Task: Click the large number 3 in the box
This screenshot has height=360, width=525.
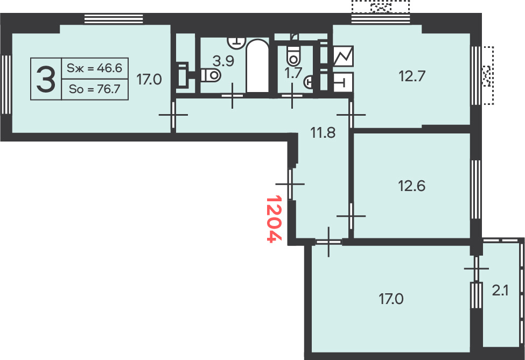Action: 46,79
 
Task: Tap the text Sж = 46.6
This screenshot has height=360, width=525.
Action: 94,68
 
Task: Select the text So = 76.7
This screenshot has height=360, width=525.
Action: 94,89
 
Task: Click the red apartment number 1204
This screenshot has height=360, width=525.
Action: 274,219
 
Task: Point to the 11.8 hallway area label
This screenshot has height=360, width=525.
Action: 323,133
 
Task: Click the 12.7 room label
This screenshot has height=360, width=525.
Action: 412,76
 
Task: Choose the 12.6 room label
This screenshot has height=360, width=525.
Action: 411,186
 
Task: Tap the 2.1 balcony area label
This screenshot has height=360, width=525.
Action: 500,291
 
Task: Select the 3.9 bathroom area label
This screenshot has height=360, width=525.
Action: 223,61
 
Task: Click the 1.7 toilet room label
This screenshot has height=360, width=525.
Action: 293,73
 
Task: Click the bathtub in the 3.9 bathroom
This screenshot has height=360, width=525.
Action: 257,66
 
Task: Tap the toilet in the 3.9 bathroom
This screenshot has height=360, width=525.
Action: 211,75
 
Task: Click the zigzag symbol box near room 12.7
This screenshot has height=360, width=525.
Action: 344,56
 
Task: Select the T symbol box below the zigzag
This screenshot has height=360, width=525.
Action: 343,82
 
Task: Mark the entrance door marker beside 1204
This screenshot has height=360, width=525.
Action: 290,184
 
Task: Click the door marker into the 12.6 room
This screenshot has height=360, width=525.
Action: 351,216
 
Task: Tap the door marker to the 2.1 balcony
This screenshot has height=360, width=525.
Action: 476,269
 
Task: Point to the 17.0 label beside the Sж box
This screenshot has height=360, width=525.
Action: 149,80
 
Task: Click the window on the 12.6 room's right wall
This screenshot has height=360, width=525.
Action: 476,189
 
